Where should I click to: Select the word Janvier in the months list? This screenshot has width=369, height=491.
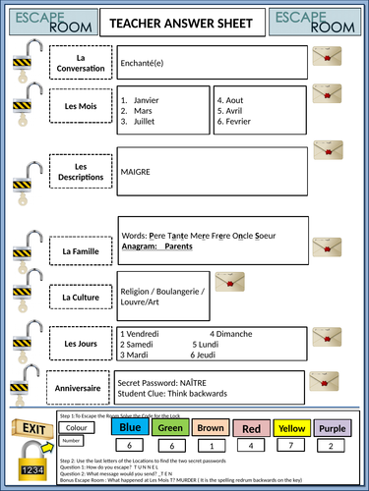click(x=148, y=99)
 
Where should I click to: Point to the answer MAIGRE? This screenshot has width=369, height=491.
click(x=135, y=170)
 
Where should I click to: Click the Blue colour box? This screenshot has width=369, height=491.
click(x=131, y=427)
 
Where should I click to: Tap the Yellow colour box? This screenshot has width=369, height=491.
click(x=290, y=427)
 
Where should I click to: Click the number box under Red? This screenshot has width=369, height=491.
click(x=251, y=446)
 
